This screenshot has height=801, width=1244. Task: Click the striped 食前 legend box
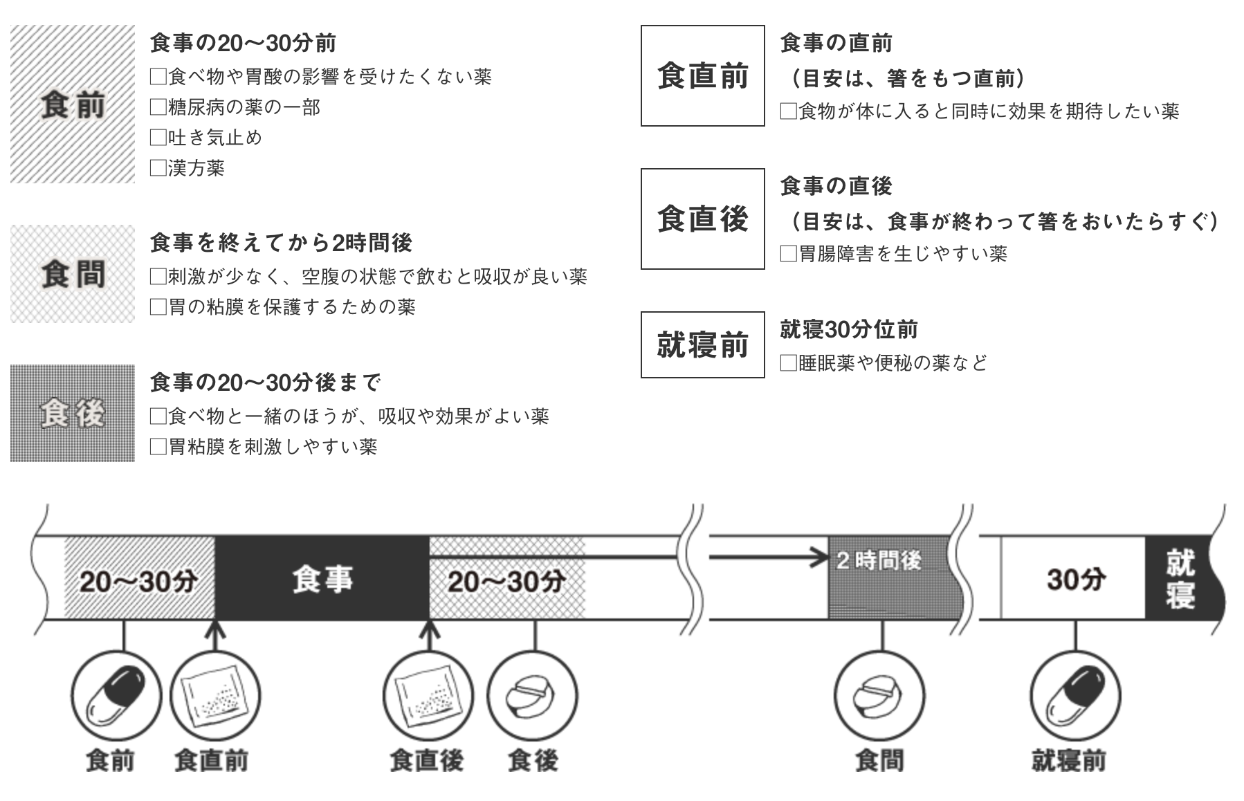(73, 104)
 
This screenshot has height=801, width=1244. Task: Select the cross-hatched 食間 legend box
(73, 274)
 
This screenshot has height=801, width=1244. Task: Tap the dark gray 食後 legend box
(73, 413)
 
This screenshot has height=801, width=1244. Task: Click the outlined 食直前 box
(702, 75)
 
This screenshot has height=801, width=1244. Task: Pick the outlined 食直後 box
(702, 219)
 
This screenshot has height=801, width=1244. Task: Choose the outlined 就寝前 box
(702, 344)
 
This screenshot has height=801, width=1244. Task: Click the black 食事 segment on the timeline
(322, 578)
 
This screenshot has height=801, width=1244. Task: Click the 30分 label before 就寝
(1075, 580)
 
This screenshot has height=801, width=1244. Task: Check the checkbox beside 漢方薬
(158, 168)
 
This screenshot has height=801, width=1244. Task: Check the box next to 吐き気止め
(158, 138)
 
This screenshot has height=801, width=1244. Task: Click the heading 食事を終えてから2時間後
(281, 242)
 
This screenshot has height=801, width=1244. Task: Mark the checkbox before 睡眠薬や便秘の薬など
(788, 362)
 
